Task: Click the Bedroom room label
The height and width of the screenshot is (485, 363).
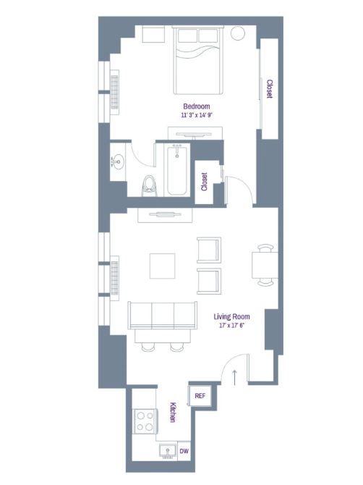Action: point(197,106)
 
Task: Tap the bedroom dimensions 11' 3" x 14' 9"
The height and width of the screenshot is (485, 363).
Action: point(197,115)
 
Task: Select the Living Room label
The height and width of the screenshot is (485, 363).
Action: point(231,316)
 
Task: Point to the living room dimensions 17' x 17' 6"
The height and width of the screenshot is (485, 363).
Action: point(231,325)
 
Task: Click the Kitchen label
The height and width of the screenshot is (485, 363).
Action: point(173,412)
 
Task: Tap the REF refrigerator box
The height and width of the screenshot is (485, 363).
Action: point(200,396)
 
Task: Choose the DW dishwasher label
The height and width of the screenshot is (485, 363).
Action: point(184,451)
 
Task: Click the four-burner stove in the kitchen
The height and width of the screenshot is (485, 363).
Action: point(145,421)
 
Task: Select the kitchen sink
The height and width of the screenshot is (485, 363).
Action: point(168,452)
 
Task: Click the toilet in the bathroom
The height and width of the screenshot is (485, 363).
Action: point(149,185)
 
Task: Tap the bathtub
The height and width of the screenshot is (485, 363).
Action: point(176,170)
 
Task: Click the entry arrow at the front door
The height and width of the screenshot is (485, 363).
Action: point(234,377)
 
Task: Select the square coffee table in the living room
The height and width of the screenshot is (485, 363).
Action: point(163,266)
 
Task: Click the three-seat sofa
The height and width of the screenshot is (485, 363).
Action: point(163,316)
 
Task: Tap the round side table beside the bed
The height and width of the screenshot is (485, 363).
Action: point(238,33)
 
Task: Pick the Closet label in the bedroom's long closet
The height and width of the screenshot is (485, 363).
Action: point(270,89)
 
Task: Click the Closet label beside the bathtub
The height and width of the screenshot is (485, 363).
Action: point(204,182)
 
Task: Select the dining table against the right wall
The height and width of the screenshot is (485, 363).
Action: point(265,266)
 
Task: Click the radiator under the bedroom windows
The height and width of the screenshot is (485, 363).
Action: point(115,92)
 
